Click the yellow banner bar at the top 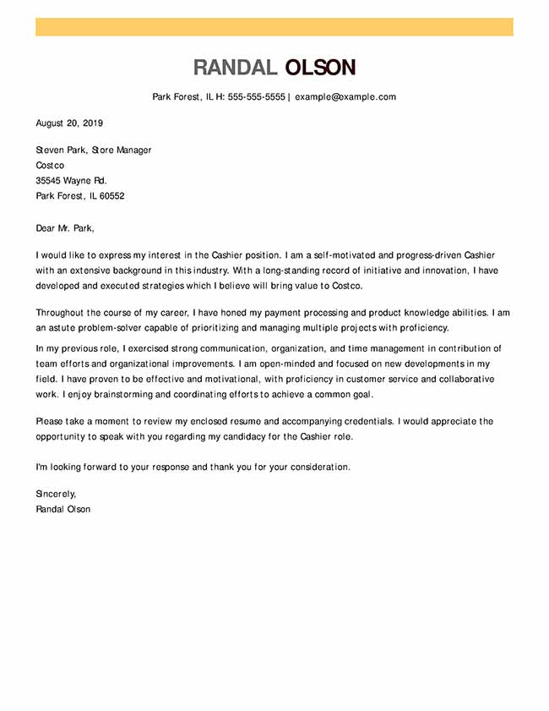pyautogui.click(x=274, y=27)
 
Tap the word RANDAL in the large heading pyautogui.click(x=235, y=68)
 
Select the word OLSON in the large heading pyautogui.click(x=320, y=68)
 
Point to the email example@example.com pyautogui.click(x=345, y=97)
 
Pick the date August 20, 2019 pyautogui.click(x=69, y=123)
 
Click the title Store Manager pyautogui.click(x=122, y=150)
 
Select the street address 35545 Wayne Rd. pyautogui.click(x=72, y=181)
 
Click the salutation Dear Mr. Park pyautogui.click(x=66, y=227)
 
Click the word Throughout pyautogui.click(x=59, y=313)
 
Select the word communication pyautogui.click(x=236, y=348)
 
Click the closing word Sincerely pyautogui.click(x=56, y=494)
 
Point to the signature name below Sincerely pyautogui.click(x=63, y=509)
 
